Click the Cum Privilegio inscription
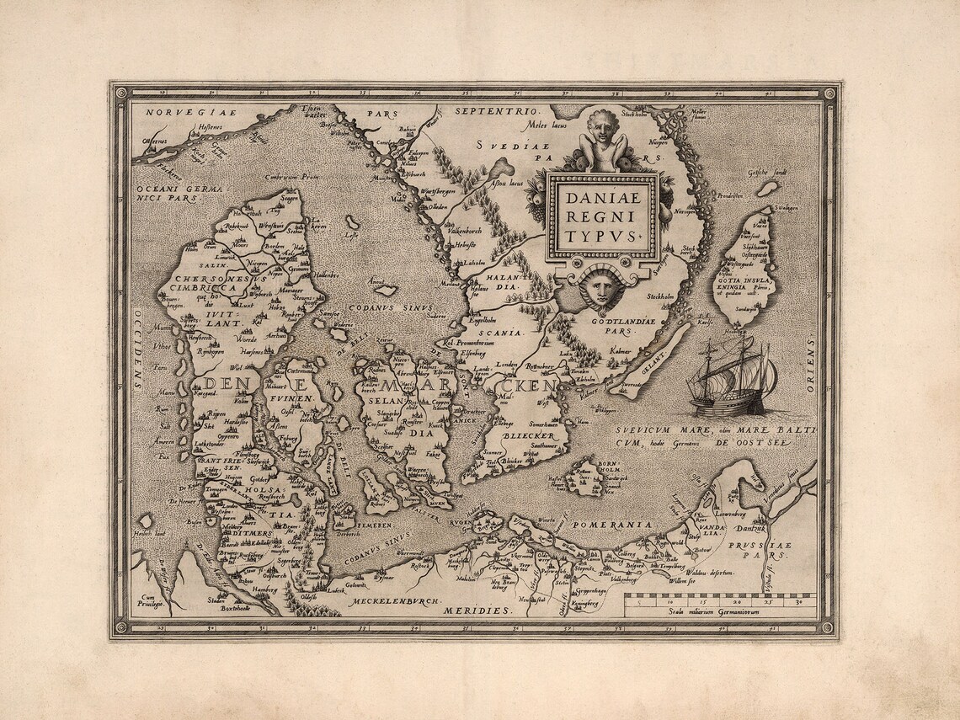(147, 601)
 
